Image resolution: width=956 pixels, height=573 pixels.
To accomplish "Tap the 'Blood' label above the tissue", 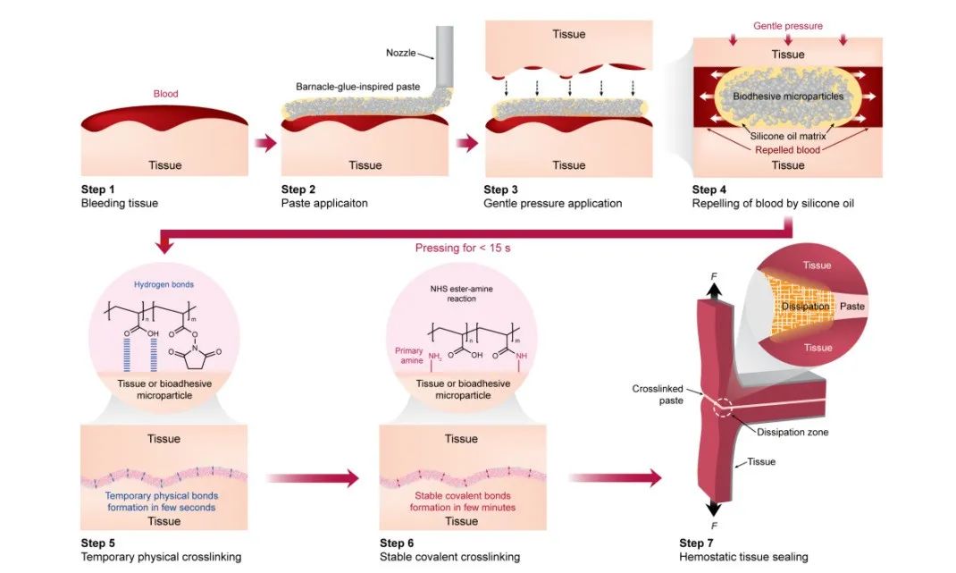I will point(166,92).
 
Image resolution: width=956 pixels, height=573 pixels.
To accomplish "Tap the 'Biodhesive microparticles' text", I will point(788,96).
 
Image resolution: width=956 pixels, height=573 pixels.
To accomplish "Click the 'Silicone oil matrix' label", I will point(787,136).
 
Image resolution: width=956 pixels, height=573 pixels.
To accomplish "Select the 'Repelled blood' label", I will point(787,150).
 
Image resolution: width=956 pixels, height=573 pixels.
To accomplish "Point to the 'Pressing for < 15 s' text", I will point(457,248).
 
